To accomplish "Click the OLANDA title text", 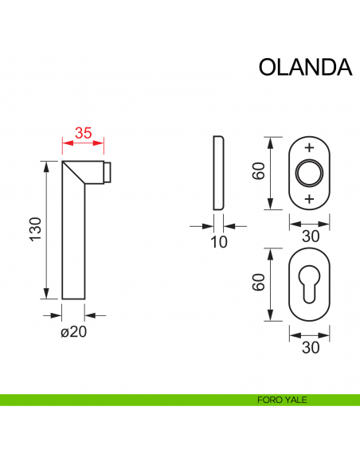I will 305,67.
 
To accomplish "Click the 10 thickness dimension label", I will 219,242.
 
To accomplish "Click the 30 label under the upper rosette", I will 310,236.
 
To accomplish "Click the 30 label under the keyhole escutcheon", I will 310,347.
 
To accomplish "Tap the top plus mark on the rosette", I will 310,149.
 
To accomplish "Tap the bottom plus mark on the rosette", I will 310,197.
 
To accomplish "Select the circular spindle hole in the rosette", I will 310,173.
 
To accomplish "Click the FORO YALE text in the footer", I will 281,400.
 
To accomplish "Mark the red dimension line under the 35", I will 84,144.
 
